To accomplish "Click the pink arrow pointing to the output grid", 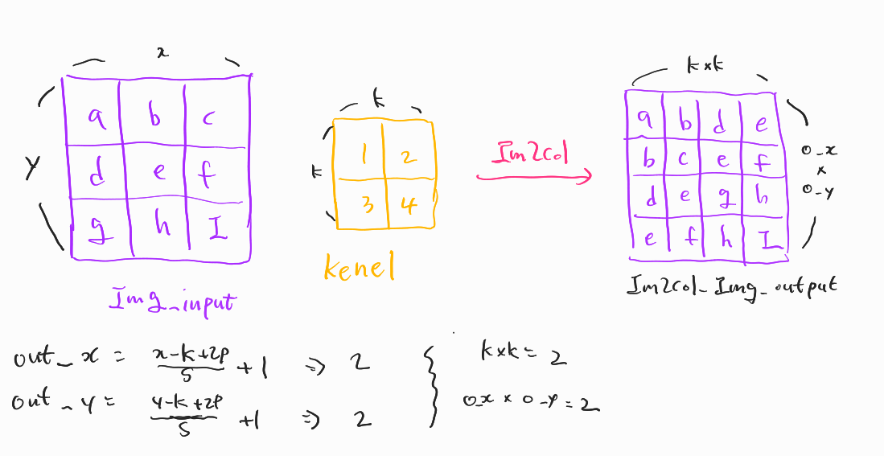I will [534, 175].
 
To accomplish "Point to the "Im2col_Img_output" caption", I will [731, 286].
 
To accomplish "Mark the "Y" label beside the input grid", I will [32, 166].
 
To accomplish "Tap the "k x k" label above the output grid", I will [705, 66].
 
